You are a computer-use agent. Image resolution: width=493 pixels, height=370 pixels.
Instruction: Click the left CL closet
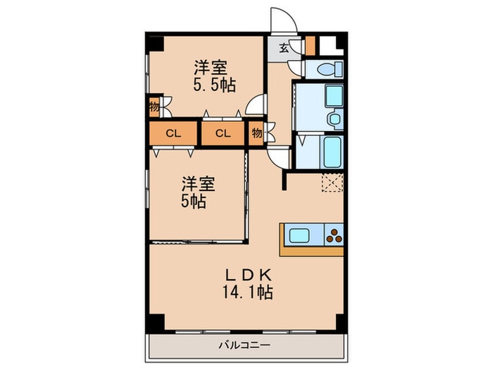coord(172,133)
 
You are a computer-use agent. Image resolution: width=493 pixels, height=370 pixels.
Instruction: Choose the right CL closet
coord(223,133)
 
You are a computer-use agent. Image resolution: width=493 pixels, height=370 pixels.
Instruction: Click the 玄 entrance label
coord(283,49)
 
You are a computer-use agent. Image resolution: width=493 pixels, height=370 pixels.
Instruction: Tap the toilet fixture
coord(327,69)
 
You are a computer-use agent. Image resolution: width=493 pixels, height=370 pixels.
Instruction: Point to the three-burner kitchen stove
coord(334,235)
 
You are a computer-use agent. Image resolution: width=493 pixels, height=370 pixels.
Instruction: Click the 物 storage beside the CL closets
coord(256,133)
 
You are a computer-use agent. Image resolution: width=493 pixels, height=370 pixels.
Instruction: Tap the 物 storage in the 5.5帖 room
coord(153,108)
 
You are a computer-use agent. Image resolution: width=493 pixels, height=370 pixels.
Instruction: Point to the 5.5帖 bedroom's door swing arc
coord(255,109)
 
